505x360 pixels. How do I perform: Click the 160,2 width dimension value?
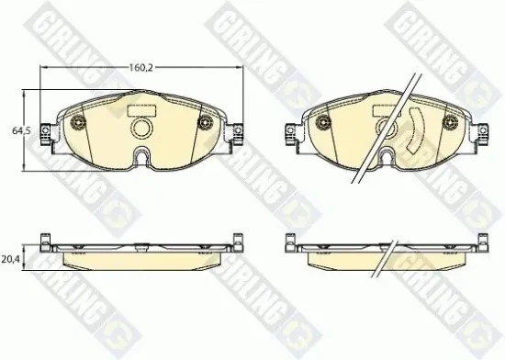(x=141, y=68)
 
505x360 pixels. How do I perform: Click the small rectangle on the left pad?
(x=141, y=111)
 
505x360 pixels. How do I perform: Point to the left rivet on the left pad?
(x=78, y=122)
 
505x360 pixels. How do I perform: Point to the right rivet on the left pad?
(x=205, y=122)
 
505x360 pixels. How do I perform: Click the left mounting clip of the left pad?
(x=45, y=133)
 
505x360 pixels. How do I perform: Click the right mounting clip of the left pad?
(x=238, y=133)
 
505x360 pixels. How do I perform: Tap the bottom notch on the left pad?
(x=141, y=155)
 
